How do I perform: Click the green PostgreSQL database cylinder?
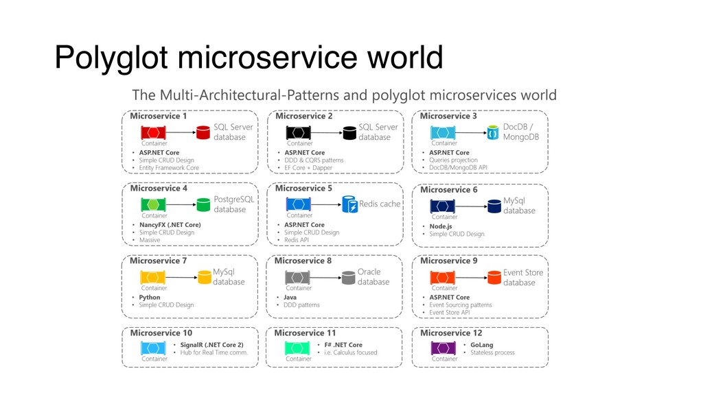click(203, 204)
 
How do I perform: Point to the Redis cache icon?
click(350, 204)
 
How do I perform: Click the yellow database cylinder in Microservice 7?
click(203, 277)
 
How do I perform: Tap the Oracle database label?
click(373, 277)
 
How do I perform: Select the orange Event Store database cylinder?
click(493, 277)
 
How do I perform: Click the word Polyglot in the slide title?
click(112, 58)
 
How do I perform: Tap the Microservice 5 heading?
click(303, 188)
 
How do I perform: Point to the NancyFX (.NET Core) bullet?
click(170, 225)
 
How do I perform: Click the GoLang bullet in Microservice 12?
click(482, 345)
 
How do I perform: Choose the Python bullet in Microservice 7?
click(150, 298)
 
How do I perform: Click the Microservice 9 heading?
click(448, 261)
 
